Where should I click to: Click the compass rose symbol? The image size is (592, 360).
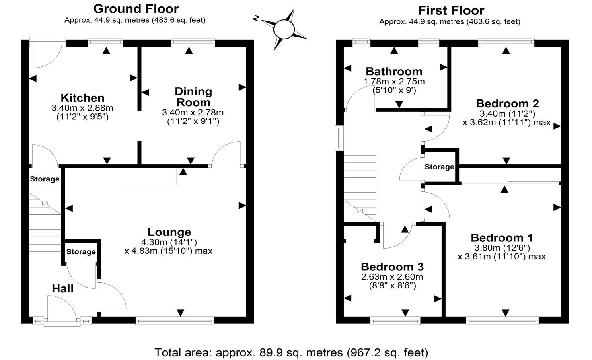click(283, 29)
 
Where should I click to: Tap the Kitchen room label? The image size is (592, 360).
click(82, 98)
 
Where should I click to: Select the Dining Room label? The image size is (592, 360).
click(193, 97)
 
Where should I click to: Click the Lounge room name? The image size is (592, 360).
click(169, 232)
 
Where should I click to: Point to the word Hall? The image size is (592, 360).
click(62, 288)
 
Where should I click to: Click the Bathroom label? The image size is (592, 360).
click(394, 72)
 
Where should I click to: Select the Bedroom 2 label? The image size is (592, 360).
click(507, 103)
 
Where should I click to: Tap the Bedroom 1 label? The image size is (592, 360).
click(502, 238)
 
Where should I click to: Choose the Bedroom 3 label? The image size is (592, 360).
click(392, 267)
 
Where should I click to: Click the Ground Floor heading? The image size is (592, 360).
click(136, 8)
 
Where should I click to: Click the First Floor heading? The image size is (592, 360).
click(451, 10)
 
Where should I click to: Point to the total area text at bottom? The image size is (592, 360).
click(291, 352)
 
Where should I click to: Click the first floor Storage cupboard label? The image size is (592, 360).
click(439, 167)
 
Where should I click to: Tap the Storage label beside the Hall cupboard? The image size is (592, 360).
click(81, 252)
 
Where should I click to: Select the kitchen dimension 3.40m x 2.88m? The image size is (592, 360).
click(82, 108)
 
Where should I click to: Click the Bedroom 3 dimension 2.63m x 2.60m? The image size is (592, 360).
click(392, 277)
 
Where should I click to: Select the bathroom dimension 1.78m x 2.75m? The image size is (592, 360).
click(394, 82)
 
